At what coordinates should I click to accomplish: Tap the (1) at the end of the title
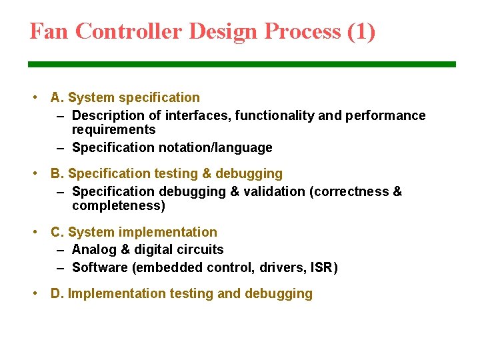coord(361,31)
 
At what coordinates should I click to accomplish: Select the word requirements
coord(113,130)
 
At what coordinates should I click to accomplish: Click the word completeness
coord(118,206)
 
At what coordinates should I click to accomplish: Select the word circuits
coord(198,250)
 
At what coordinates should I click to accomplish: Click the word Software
coord(99,268)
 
